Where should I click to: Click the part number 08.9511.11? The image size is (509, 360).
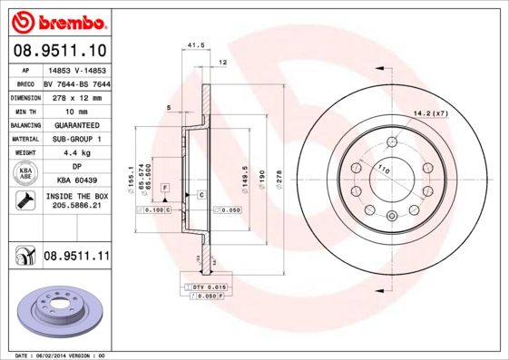coord(76,257)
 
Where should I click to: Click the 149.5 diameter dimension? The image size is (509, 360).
coord(246,172)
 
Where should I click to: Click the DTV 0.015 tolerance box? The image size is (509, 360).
coord(207,287)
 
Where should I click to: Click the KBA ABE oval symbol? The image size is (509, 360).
coord(25,174)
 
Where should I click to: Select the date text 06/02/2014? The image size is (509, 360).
coord(64,355)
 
